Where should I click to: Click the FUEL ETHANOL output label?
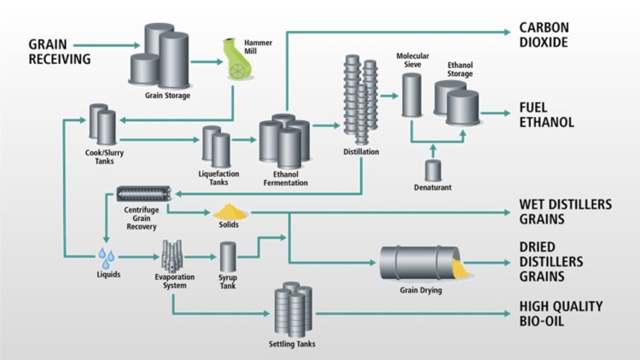tap(547, 115)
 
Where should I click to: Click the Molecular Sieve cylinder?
tap(412, 95)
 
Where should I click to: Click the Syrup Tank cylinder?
tap(228, 258)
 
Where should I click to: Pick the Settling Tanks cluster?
tap(293, 312)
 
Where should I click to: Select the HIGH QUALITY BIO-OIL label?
tap(560, 313)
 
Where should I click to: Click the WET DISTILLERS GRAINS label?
tap(562, 212)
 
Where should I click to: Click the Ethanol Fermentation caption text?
tap(284, 177)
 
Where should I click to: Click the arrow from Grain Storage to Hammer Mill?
tap(204, 61)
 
